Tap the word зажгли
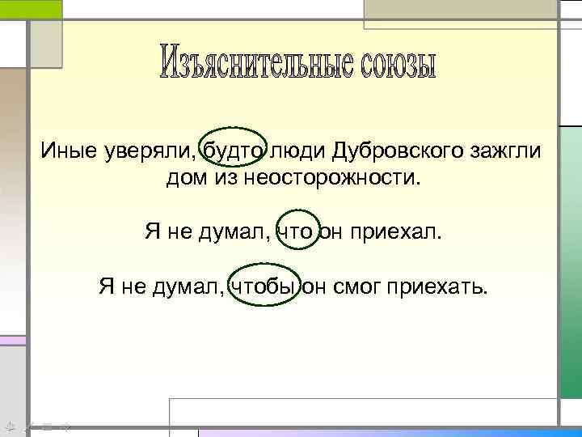tap(504, 151)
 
